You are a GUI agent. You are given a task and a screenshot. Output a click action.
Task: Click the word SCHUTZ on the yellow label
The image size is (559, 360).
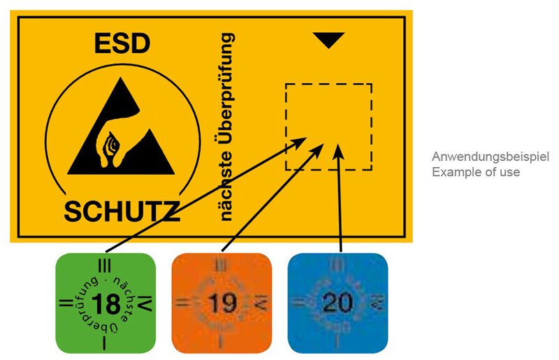click(122, 209)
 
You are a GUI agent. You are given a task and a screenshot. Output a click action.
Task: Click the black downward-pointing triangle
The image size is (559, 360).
click(329, 41)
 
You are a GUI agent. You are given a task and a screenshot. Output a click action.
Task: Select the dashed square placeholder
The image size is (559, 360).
click(328, 127)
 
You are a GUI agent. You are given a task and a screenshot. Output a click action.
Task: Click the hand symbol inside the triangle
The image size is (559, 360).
click(112, 143)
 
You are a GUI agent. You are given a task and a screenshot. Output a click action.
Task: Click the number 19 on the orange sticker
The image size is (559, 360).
click(221, 305)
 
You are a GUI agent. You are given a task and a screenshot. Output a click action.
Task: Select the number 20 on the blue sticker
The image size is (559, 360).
click(337, 303)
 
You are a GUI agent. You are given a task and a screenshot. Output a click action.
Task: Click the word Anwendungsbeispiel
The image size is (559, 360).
click(490, 157)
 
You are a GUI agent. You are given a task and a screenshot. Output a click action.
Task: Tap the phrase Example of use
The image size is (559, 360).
click(475, 172)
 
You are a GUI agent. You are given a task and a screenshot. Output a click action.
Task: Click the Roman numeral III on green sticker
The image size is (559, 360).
click(105, 265)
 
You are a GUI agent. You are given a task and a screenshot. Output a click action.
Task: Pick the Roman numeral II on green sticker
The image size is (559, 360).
click(64, 304)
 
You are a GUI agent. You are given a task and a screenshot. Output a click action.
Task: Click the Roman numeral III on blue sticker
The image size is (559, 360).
click(337, 265)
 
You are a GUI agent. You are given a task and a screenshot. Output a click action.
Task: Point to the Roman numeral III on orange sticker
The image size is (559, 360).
click(221, 266)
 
